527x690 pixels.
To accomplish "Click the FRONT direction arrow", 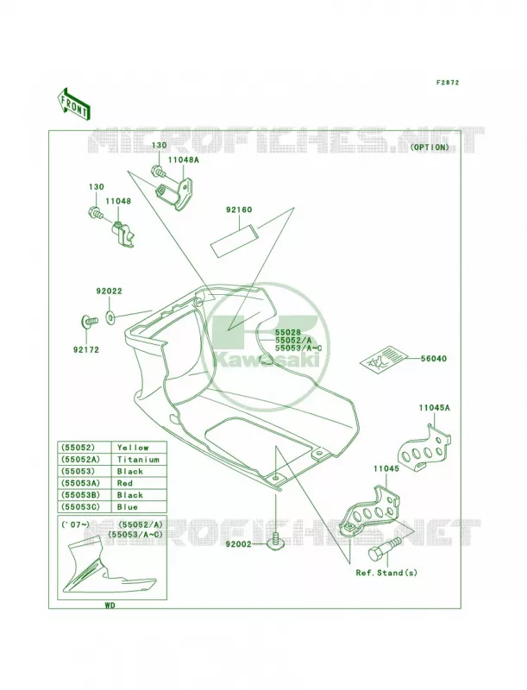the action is (74, 103).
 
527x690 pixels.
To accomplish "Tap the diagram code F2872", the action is (448, 82).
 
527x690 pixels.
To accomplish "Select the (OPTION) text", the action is (430, 147).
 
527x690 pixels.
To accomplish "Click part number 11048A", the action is (183, 160).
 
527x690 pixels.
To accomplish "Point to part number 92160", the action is (239, 210).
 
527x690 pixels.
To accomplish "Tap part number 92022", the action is (109, 292).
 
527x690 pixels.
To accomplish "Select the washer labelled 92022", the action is (110, 317).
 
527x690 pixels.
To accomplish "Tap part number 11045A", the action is (434, 408).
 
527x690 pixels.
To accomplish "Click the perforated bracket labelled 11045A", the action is (424, 448).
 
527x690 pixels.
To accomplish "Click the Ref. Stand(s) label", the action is (386, 573).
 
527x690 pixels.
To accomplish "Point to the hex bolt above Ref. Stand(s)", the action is (385, 549).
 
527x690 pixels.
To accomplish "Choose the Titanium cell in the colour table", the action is (138, 460).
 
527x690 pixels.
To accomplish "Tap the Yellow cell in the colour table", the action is (133, 448).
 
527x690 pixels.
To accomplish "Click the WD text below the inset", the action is (110, 605).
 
